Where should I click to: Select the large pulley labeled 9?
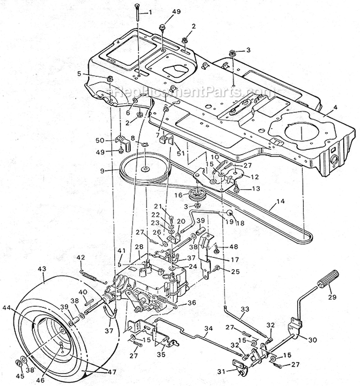[144, 169]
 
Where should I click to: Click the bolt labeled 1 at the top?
[137, 19]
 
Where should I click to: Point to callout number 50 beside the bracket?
[100, 140]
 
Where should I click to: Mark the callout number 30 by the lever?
[312, 339]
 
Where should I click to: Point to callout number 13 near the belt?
[255, 188]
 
